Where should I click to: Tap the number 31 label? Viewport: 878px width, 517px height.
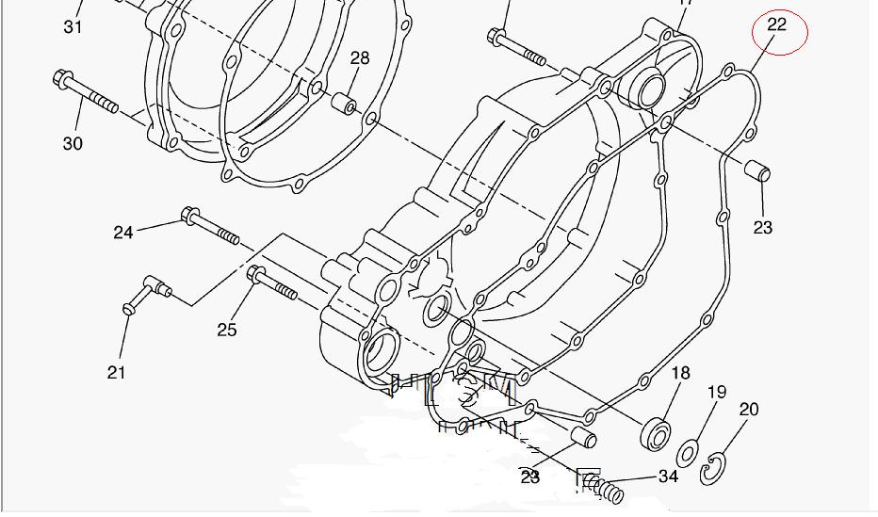coord(73,27)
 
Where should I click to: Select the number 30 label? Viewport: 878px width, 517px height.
coord(73,143)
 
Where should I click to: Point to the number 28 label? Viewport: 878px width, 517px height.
coord(360,58)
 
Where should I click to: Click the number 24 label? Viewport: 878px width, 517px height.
coord(123,232)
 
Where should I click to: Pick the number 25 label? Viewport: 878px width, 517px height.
coord(227,330)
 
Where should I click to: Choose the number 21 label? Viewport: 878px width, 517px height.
coord(116,373)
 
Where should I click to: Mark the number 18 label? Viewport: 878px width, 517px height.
coord(680,374)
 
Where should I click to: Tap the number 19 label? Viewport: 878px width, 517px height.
coord(717,392)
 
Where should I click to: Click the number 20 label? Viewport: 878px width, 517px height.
coord(749,409)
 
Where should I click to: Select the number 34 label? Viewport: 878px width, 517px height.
coord(668,477)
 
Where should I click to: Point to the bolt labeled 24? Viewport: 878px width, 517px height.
coord(214,226)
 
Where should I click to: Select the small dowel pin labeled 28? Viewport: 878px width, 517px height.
coord(346,102)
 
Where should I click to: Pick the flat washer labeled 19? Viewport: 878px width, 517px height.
coord(689,453)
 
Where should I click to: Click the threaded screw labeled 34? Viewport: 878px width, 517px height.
coord(604,489)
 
